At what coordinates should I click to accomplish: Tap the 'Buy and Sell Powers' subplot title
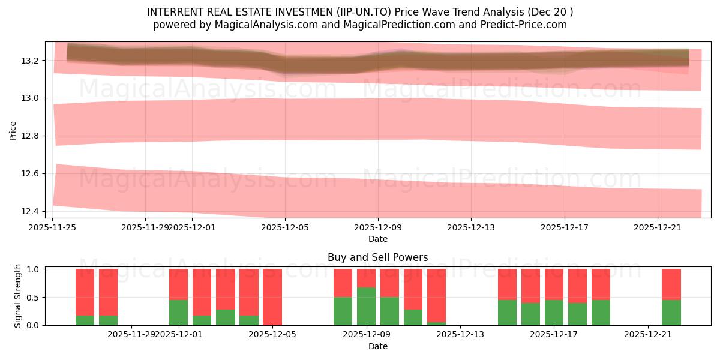[x=377, y=257]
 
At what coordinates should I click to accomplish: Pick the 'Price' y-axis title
[x=13, y=130]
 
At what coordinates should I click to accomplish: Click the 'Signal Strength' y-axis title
[x=18, y=296]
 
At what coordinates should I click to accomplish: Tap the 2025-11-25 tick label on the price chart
[x=53, y=227]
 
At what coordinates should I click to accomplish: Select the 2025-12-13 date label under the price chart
[x=471, y=227]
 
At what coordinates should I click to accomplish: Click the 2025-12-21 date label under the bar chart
[x=648, y=335]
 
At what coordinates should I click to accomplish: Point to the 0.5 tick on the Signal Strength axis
[x=34, y=297]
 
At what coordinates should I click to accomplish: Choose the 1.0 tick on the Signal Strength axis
[x=34, y=269]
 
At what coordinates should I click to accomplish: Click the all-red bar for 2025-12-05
[x=272, y=297]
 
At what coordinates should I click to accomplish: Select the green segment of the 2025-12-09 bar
[x=366, y=306]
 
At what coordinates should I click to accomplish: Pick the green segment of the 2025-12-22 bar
[x=671, y=312]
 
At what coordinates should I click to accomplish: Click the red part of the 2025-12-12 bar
[x=436, y=295]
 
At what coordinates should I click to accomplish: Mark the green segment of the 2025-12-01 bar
[x=179, y=312]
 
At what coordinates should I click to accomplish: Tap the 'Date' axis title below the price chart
[x=377, y=239]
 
